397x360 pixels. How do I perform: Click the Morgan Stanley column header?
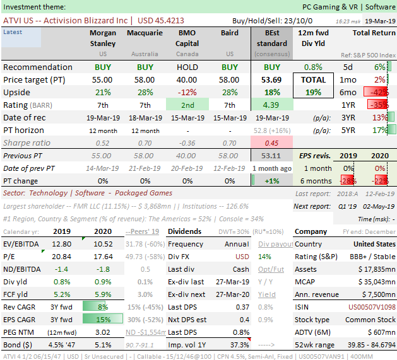click(102, 38)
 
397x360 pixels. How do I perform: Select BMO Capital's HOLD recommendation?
click(187, 67)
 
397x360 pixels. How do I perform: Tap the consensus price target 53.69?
click(272, 79)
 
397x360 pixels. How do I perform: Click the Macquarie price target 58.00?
click(145, 79)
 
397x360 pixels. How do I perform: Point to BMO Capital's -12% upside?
click(187, 92)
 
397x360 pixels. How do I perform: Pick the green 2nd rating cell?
click(187, 105)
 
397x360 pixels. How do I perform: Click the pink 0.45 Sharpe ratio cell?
click(272, 142)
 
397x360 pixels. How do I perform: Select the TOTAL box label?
click(314, 80)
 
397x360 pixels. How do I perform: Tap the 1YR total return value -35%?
click(379, 105)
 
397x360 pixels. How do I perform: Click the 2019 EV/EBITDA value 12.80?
click(62, 243)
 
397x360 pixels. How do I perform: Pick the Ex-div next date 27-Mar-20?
click(237, 294)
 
